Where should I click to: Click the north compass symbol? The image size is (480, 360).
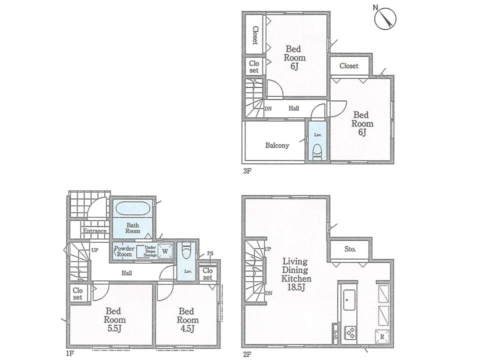point(386,18)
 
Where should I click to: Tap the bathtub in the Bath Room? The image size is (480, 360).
point(132,207)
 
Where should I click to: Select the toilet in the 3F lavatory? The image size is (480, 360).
point(316,151)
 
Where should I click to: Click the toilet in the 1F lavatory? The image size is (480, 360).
point(186,249)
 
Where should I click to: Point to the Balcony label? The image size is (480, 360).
point(276,146)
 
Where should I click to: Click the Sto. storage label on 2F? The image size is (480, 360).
point(349,249)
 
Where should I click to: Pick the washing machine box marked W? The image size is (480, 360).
point(164,251)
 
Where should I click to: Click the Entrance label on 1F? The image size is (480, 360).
point(94,231)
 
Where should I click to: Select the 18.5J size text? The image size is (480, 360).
point(296,288)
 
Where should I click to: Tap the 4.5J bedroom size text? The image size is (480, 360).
point(187,328)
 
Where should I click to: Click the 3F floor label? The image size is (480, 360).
point(246,170)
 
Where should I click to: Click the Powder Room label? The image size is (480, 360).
point(123,251)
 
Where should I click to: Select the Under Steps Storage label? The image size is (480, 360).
point(150,251)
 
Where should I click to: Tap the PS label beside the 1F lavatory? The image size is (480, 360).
point(210,253)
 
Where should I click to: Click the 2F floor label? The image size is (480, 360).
point(246,353)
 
